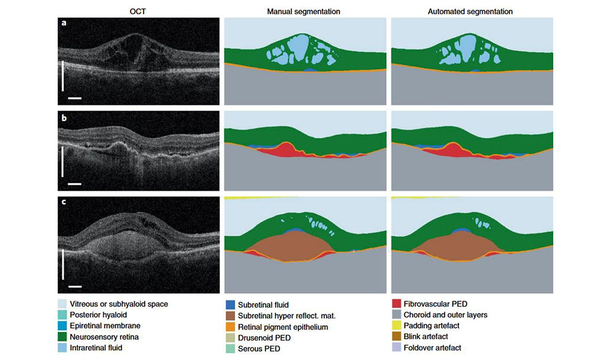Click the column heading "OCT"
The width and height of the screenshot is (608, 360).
tap(138, 11)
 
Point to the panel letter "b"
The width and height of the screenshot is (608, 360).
tap(64, 116)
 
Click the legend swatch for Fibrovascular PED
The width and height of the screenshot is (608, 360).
tap(397, 304)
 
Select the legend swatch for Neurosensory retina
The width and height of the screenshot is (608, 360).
tap(63, 337)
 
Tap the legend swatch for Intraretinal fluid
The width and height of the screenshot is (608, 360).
tap(63, 348)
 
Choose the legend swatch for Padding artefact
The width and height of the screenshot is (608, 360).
tap(397, 326)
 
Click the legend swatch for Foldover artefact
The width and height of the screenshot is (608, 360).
tap(397, 348)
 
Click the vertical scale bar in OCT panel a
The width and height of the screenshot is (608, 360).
tap(63, 75)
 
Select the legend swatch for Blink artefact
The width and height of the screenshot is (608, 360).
tap(397, 337)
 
